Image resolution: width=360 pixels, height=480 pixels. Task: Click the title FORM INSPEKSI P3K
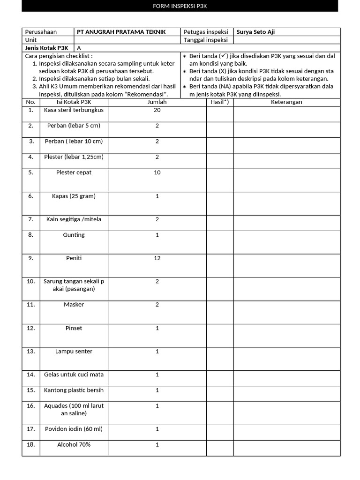[x=180, y=6]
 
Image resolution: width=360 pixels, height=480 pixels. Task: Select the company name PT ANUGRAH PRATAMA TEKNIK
[x=118, y=32]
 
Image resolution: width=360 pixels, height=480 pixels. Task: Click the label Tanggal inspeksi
[x=205, y=40]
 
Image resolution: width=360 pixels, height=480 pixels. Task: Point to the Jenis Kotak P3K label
[x=46, y=48]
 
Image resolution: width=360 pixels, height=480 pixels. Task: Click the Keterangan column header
[x=286, y=102]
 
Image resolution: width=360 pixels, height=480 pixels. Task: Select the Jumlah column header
[x=157, y=102]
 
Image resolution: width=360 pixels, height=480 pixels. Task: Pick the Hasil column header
[x=220, y=102]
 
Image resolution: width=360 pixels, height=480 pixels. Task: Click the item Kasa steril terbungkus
[x=74, y=110]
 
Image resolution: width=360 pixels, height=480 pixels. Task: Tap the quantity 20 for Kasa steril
[x=157, y=110]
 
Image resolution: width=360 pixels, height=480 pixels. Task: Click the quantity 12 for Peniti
[x=157, y=258]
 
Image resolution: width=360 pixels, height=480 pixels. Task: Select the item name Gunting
[x=74, y=235]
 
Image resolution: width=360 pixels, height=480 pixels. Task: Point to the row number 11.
[x=31, y=305]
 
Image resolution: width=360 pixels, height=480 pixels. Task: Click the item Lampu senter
[x=74, y=352]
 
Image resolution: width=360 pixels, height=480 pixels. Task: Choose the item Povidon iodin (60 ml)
[x=74, y=429]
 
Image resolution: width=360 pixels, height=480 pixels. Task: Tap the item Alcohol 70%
[x=74, y=444]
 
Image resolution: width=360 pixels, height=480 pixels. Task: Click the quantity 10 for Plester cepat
[x=157, y=172]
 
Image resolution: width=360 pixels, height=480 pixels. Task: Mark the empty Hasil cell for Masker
[x=220, y=312]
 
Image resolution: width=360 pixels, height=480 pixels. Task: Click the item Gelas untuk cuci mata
[x=74, y=375]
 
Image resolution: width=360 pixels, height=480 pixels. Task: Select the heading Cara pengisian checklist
[x=59, y=56]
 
